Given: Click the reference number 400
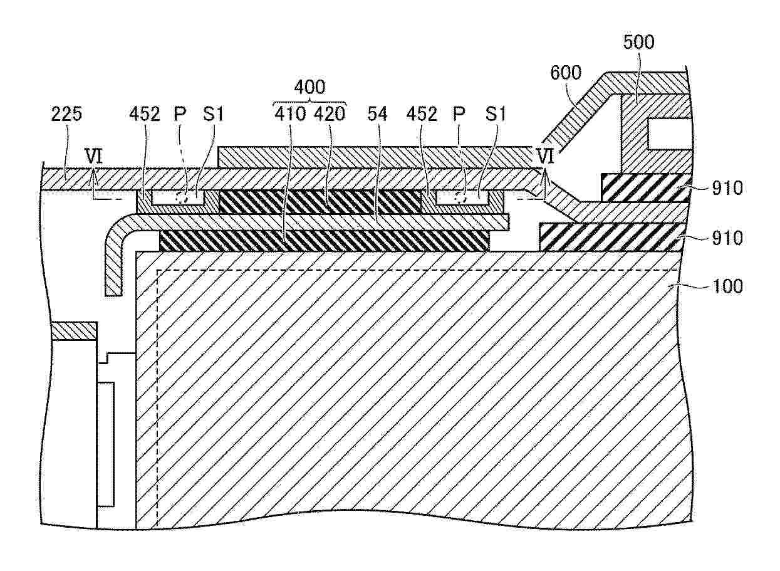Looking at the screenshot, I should coord(309,86).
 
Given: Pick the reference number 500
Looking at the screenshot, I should coord(638,43).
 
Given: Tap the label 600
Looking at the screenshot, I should coord(566,73).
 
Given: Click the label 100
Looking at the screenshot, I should coord(727,287).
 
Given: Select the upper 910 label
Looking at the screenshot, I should coord(728,188).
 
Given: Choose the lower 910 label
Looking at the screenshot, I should coord(728,238).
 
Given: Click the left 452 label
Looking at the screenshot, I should coord(145,114).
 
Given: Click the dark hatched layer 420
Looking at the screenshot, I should coord(320,202).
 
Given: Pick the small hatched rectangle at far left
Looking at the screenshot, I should coord(73,330).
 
